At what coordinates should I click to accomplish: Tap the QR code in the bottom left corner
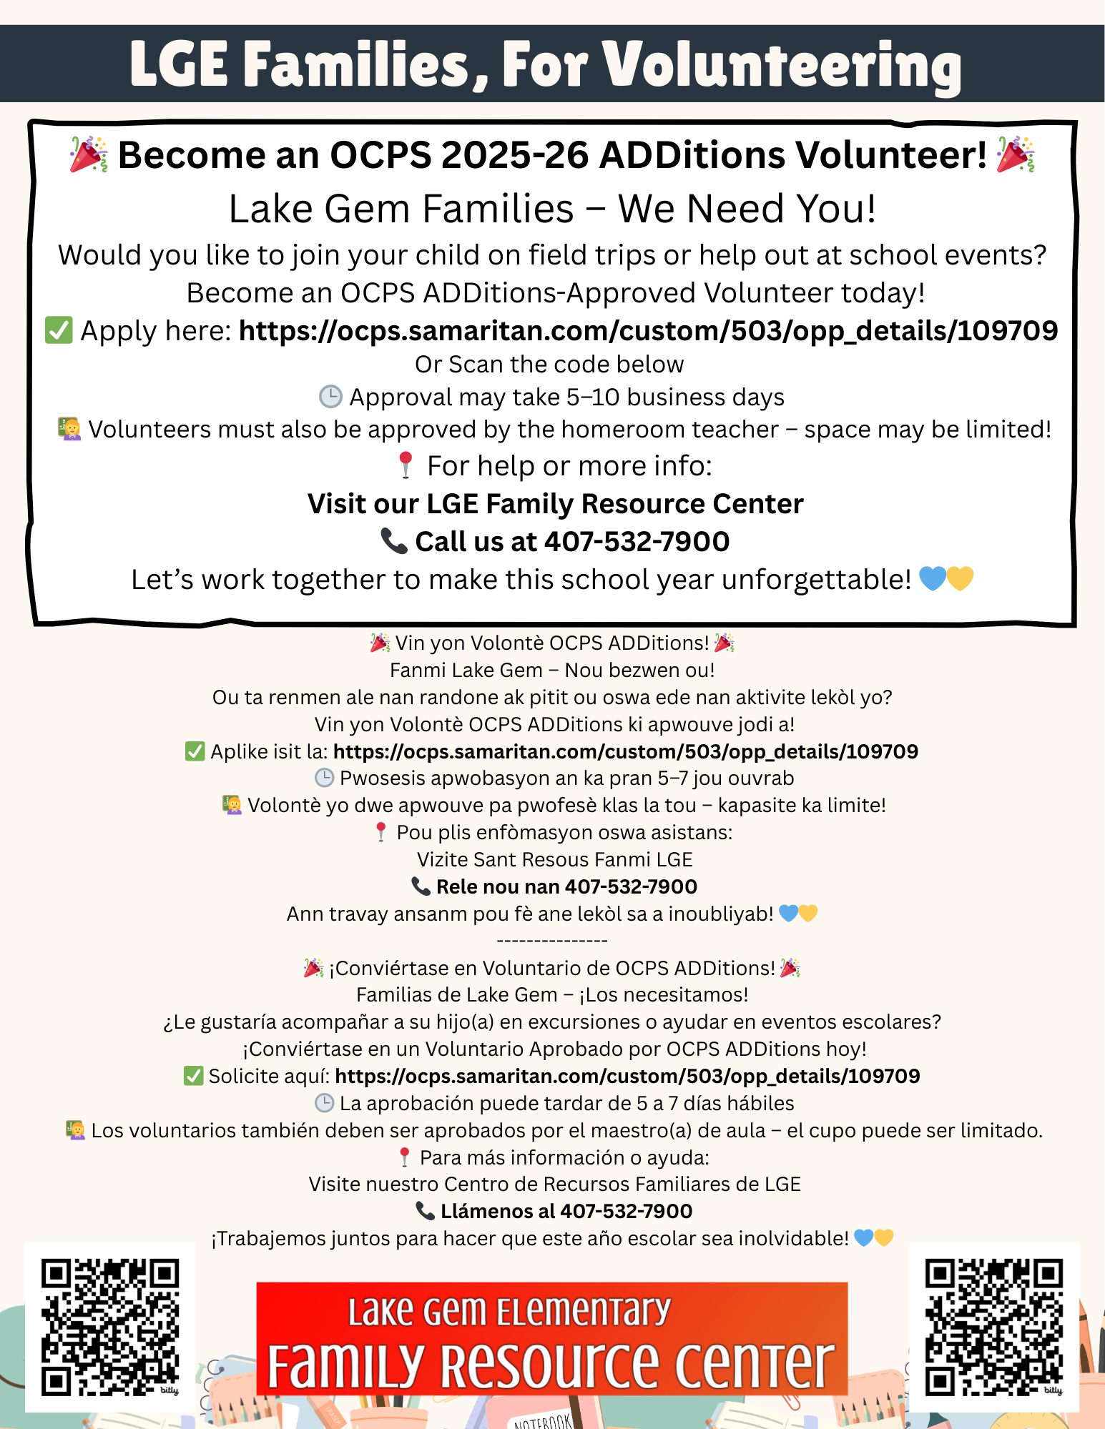click(x=109, y=1327)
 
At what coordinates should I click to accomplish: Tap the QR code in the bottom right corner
click(x=993, y=1327)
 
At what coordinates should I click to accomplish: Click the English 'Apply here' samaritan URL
click(x=648, y=331)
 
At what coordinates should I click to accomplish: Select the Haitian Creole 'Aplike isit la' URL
click(x=625, y=751)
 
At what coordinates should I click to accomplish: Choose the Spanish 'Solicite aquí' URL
click(x=627, y=1076)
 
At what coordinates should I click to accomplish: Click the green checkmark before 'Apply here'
click(x=59, y=330)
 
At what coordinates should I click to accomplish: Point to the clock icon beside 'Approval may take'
click(x=330, y=397)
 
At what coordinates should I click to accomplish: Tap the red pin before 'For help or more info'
click(x=406, y=465)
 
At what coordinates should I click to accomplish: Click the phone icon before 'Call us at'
click(x=393, y=541)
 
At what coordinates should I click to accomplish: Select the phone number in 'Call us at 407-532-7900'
click(x=637, y=542)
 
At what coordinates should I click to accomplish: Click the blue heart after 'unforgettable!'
click(x=932, y=579)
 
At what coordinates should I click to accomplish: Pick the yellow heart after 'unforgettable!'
click(x=961, y=579)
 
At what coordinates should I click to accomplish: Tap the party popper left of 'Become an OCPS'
click(x=88, y=154)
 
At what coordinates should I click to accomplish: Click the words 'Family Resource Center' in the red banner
click(x=551, y=1365)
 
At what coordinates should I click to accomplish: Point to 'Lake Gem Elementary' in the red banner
click(x=509, y=1311)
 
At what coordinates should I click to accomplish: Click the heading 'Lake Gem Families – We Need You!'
click(x=552, y=209)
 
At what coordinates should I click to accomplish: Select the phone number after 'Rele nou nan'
click(x=631, y=886)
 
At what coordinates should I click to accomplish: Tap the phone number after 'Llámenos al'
click(x=626, y=1211)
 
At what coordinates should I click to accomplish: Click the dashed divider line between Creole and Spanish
click(x=551, y=941)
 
